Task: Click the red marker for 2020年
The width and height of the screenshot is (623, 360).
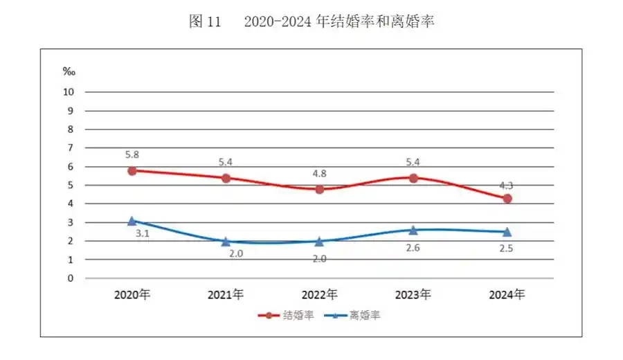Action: pyautogui.click(x=132, y=170)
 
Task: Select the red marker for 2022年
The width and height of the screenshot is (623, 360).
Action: pyautogui.click(x=320, y=189)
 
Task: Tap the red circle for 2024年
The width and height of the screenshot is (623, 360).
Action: pyautogui.click(x=507, y=198)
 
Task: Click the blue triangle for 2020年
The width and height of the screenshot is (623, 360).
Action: pyautogui.click(x=132, y=221)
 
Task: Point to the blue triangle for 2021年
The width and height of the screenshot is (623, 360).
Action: pyautogui.click(x=226, y=241)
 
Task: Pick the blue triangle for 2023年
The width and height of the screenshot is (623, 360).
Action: pyautogui.click(x=413, y=230)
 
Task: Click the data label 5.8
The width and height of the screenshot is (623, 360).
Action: pyautogui.click(x=132, y=154)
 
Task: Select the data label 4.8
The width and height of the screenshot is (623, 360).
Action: pyautogui.click(x=320, y=173)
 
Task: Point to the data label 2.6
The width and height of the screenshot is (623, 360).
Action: pyautogui.click(x=414, y=245)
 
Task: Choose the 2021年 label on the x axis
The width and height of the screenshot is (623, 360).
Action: pyautogui.click(x=226, y=295)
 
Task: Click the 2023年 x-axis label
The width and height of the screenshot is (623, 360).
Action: pyautogui.click(x=413, y=295)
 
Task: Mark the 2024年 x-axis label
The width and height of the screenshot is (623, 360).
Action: pyautogui.click(x=507, y=295)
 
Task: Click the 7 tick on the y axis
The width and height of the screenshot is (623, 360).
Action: pyautogui.click(x=70, y=147)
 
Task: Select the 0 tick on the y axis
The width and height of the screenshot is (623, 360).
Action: pyautogui.click(x=70, y=278)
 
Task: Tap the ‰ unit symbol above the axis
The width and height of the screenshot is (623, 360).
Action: pyautogui.click(x=69, y=71)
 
